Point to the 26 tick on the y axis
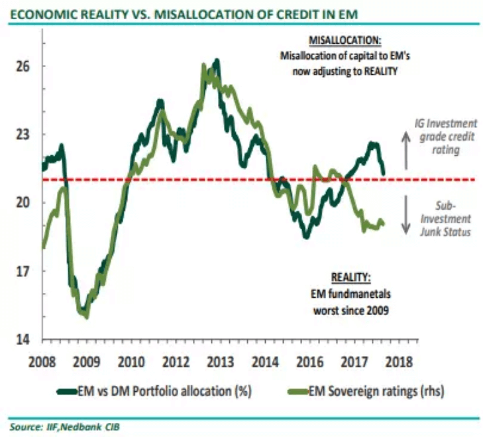tap(24, 66)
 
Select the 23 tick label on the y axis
tap(24, 135)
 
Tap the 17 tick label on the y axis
tap(24, 271)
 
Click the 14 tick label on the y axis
tap(24, 340)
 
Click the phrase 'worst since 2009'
tap(350, 308)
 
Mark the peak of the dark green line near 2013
tap(217, 60)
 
